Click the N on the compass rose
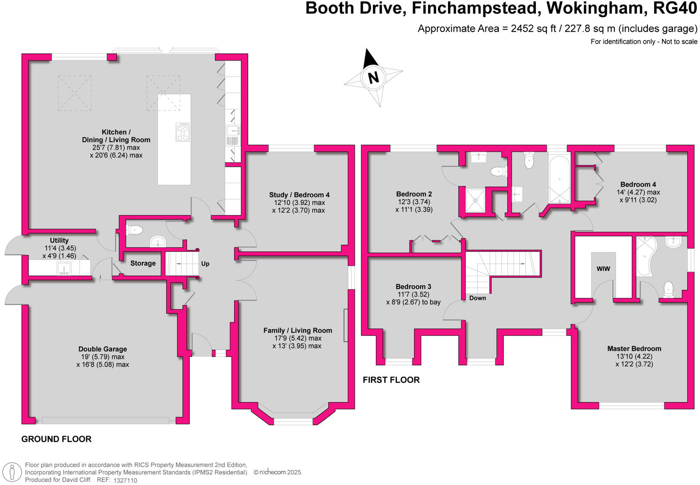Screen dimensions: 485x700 point(373,77)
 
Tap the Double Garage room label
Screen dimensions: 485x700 point(102,349)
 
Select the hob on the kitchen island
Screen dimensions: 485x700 point(182,132)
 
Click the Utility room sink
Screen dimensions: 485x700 point(64,268)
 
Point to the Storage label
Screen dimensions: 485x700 point(143,263)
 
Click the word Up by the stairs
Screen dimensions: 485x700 point(205,263)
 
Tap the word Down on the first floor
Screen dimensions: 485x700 point(477,298)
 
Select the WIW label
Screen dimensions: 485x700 point(603,269)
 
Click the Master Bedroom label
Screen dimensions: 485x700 point(634,349)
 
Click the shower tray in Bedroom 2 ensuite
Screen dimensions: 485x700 point(475,200)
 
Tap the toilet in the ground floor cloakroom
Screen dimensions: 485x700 point(135,229)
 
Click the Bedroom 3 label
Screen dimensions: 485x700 point(413,287)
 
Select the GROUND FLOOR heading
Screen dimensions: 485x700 point(56,439)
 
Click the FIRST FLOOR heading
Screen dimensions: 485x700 point(391,380)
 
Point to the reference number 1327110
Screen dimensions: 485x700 point(125,480)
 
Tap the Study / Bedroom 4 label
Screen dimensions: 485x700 point(299,195)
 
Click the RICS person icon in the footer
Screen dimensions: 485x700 point(12,472)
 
